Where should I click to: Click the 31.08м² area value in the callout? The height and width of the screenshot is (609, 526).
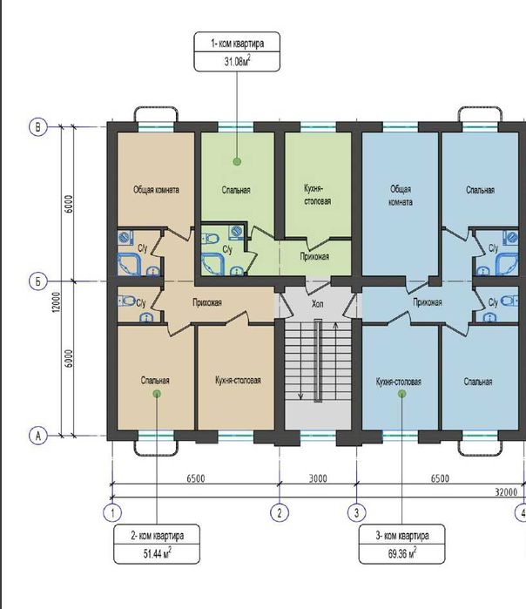point(237,61)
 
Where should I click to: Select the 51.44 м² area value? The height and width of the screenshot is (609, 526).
point(158,552)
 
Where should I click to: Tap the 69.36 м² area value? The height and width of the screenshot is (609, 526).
point(402,552)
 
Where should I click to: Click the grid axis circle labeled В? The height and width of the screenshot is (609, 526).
point(38,127)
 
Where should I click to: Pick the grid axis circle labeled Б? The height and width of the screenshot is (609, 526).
point(38,281)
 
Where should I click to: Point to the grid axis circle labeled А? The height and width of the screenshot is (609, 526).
point(38,436)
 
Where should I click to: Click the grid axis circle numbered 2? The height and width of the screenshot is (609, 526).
point(280,513)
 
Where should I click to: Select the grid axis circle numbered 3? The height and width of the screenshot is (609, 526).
point(356,513)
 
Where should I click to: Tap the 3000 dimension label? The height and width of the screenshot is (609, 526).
point(318,478)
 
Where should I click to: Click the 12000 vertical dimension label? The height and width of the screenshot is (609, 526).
point(57,301)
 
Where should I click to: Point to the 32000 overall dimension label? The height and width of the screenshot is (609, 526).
point(506,492)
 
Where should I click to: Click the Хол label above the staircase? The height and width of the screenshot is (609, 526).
point(318,304)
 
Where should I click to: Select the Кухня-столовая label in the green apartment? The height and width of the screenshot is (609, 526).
point(318,195)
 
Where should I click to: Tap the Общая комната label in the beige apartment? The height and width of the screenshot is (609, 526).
point(156,190)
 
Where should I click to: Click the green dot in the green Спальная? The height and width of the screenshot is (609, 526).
point(237,161)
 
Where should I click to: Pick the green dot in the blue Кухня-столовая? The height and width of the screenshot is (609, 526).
point(401,394)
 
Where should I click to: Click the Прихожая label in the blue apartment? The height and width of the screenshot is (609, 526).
point(428,302)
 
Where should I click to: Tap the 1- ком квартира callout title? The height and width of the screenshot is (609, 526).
point(237,43)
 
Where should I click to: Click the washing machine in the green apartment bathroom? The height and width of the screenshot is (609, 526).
point(236,233)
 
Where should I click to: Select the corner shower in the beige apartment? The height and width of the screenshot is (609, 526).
point(129,265)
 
